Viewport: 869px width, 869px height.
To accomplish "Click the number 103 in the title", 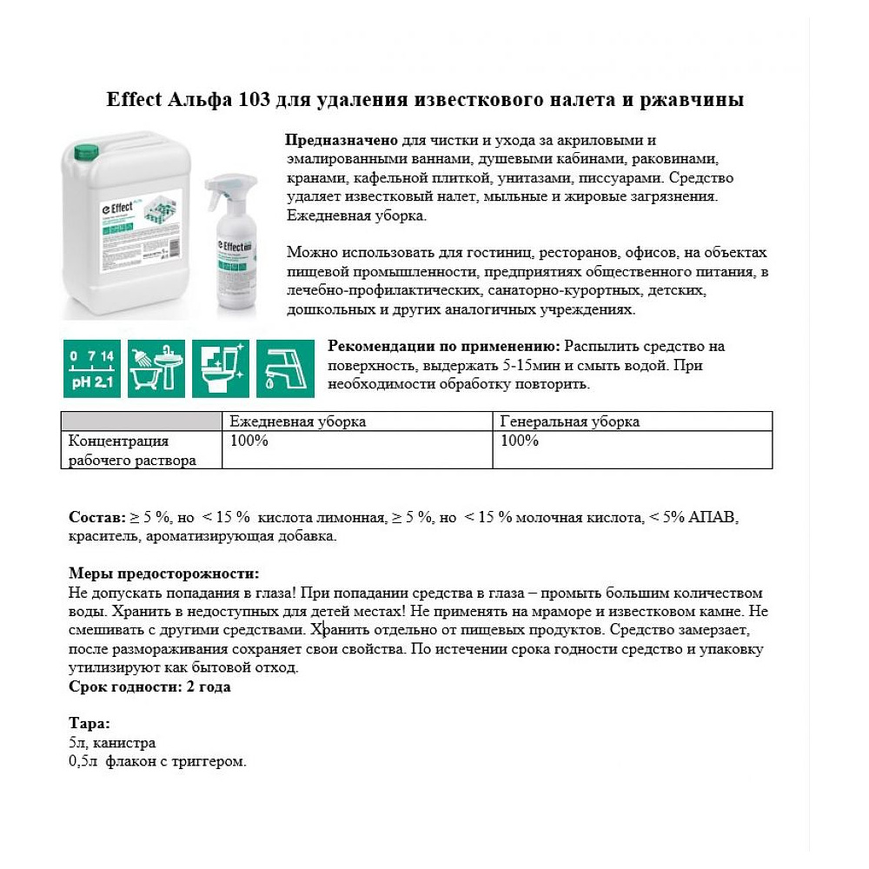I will pyautogui.click(x=250, y=100).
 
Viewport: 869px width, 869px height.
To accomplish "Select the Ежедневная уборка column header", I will pyautogui.click(x=297, y=421).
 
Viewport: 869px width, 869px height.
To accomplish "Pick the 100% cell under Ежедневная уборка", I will pyautogui.click(x=249, y=441).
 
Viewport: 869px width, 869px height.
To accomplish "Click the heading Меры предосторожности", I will pyautogui.click(x=163, y=574).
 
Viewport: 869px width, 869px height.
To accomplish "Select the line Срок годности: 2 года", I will pyautogui.click(x=149, y=687).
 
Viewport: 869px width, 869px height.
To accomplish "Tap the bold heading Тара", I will pyautogui.click(x=89, y=725).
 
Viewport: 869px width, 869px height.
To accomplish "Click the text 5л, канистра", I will pyautogui.click(x=112, y=743).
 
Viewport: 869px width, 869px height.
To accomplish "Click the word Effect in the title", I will pyautogui.click(x=135, y=100).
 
